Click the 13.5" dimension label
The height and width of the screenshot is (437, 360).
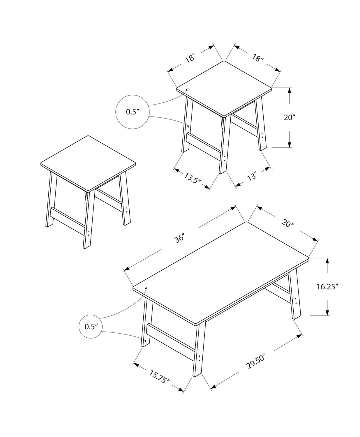[x=193, y=178]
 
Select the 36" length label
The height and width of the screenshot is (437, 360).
[x=180, y=239]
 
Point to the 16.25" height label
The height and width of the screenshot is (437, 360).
[x=327, y=287]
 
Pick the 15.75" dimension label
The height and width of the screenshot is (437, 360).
[x=160, y=377]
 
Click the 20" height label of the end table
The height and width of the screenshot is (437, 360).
[x=290, y=117]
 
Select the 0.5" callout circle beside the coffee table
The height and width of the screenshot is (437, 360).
[x=90, y=327]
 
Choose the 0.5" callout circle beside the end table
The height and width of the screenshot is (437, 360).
[x=133, y=112]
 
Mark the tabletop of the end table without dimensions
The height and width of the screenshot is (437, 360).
[x=88, y=163]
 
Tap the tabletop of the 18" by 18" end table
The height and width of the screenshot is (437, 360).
[x=224, y=87]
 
